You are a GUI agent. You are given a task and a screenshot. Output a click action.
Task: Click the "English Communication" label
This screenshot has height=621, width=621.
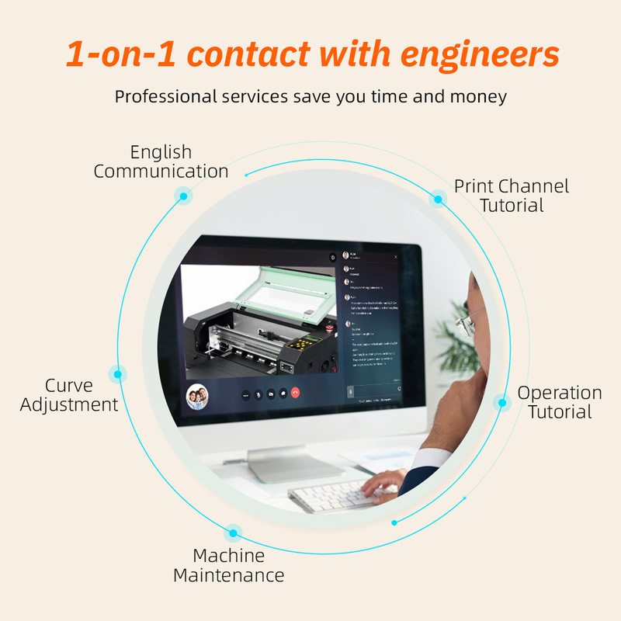pyautogui.click(x=161, y=161)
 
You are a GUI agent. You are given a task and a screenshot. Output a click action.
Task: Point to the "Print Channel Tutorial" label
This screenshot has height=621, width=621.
pyautogui.click(x=512, y=196)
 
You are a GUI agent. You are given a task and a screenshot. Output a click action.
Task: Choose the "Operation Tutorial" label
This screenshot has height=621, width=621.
pyautogui.click(x=560, y=402)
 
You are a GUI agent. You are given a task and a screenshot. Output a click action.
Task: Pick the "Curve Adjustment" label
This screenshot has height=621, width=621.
pyautogui.click(x=69, y=395)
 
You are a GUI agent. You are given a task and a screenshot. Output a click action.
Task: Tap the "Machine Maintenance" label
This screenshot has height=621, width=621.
pyautogui.click(x=228, y=566)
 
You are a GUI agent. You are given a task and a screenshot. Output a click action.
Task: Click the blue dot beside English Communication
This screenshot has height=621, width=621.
pyautogui.click(x=183, y=196)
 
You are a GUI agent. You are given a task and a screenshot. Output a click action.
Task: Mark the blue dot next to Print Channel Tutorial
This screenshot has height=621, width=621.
pyautogui.click(x=438, y=199)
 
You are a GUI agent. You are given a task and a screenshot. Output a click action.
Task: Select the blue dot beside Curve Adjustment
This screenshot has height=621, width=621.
pyautogui.click(x=118, y=374)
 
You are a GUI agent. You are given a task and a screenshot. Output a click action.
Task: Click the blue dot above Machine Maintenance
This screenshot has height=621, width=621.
pyautogui.click(x=232, y=533)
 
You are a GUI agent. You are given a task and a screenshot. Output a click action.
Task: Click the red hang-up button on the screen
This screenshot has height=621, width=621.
pyautogui.click(x=296, y=394)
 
